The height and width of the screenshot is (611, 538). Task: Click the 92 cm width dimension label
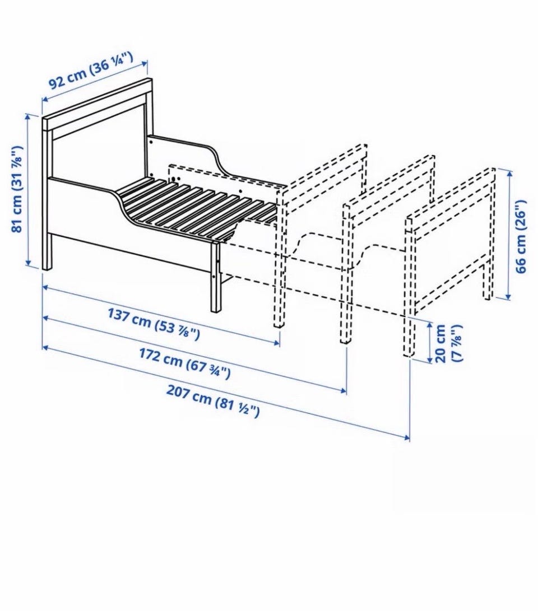click(x=91, y=70)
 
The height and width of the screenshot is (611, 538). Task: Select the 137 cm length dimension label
click(x=154, y=324)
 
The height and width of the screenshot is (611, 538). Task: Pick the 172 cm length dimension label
click(x=185, y=363)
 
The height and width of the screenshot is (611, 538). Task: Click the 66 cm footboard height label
click(x=521, y=236)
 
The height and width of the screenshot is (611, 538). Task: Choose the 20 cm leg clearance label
click(x=448, y=343)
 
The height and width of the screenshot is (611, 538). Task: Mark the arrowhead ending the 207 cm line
click(x=407, y=438)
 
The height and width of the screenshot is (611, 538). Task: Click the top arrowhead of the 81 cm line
click(x=27, y=116)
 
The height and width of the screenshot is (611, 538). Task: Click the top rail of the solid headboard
click(x=97, y=104)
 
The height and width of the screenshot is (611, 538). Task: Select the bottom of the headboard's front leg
click(x=47, y=268)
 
